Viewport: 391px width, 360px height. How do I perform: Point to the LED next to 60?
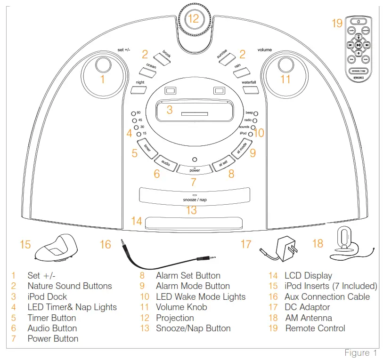(133, 113)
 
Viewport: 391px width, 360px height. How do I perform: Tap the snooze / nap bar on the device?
(195, 198)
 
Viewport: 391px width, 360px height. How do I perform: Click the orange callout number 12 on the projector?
(194, 19)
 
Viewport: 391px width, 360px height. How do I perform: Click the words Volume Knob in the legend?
(181, 307)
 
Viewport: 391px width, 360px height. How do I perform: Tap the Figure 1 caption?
(360, 353)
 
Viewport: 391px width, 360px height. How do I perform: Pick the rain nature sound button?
(241, 71)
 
